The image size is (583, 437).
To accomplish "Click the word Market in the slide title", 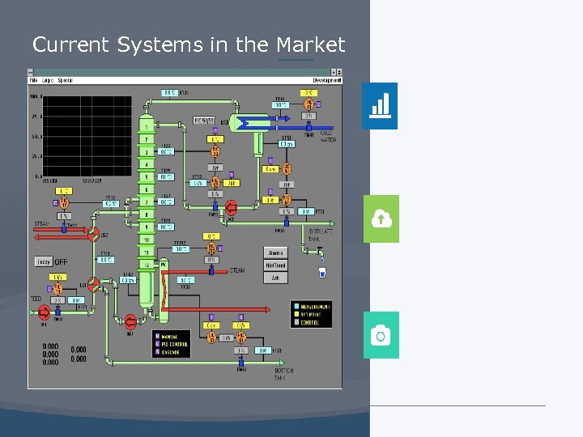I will [x=311, y=45].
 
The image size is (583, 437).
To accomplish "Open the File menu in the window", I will [x=34, y=80].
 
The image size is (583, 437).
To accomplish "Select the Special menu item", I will [x=66, y=80].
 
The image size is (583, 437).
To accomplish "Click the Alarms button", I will [x=276, y=253].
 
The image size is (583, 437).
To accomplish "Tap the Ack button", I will [x=276, y=278].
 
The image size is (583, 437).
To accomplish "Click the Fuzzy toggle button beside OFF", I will [x=43, y=262].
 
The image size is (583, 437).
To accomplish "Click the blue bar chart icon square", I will [x=379, y=106].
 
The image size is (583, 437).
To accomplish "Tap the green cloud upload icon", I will [x=381, y=218].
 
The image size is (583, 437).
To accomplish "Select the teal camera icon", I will [x=381, y=335].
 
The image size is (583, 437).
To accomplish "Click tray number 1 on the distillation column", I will [x=147, y=127].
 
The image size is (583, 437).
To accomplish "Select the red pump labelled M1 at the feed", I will [x=44, y=311].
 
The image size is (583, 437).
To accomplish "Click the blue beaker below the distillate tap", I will [x=322, y=273].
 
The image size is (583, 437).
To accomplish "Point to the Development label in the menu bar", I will [x=326, y=80].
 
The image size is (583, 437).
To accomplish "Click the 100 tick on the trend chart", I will [x=36, y=97].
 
